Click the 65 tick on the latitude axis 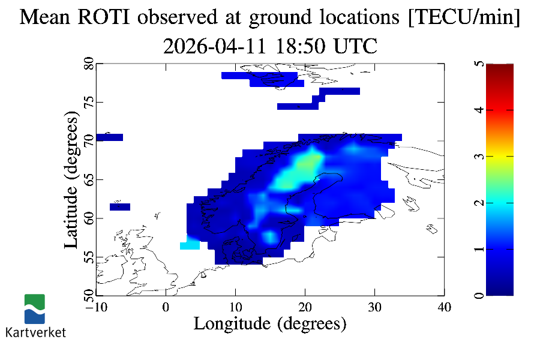tap(88, 179)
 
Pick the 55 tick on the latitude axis tap(88, 257)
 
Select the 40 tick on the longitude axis tap(444, 307)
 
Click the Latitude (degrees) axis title tap(71, 182)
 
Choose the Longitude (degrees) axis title tap(270, 324)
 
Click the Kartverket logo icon tap(35, 308)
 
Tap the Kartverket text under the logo tap(35, 332)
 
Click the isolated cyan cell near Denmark tap(190, 245)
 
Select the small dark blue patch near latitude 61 tap(120, 207)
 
